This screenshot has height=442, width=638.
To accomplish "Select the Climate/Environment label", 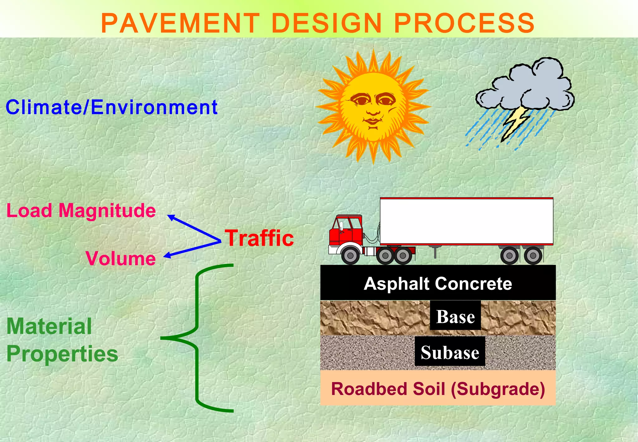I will tap(112, 107).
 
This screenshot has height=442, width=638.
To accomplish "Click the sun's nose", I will tap(373, 110).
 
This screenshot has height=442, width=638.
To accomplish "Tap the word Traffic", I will tap(259, 238).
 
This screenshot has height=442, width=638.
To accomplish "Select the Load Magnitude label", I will tap(81, 210).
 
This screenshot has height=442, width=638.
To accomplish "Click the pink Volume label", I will tap(121, 258).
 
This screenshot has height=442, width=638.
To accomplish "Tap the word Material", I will tap(49, 327).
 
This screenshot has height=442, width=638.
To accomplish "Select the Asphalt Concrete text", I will tap(438, 284).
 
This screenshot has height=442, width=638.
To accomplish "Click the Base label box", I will tap(455, 317).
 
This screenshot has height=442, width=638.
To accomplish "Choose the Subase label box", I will tap(450, 353).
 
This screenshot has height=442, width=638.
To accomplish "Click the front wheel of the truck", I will tap(350, 256).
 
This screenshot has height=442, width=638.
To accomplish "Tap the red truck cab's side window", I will tap(354, 224).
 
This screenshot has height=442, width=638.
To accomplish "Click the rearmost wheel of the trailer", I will tap(533, 256).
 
